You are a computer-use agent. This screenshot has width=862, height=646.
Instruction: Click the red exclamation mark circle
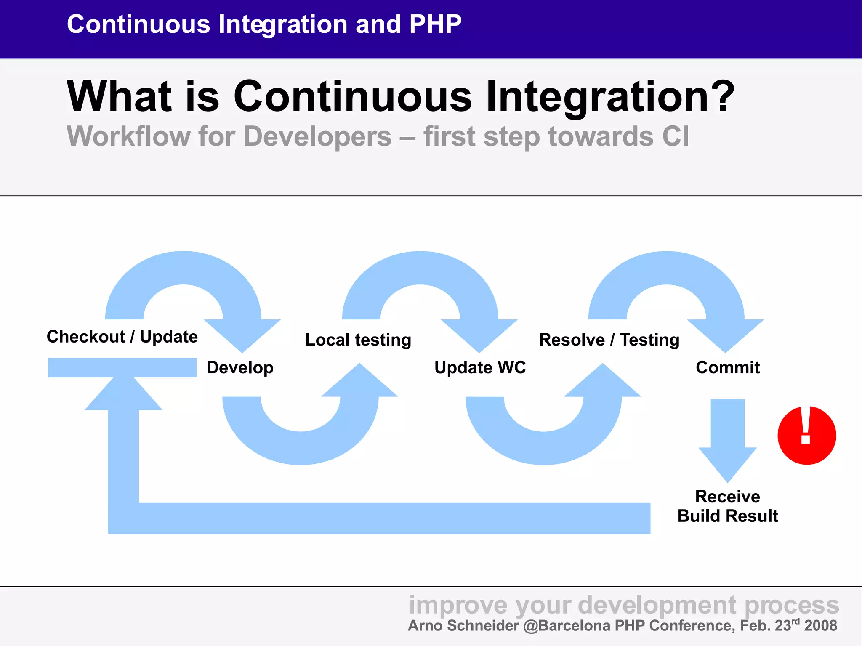pos(806,435)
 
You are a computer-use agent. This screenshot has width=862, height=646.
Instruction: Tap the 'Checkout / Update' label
pos(122,337)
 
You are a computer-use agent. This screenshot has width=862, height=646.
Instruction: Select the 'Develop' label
pos(240,367)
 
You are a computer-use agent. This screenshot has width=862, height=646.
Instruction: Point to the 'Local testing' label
pos(358,340)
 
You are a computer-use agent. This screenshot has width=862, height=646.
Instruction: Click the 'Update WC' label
pos(480,367)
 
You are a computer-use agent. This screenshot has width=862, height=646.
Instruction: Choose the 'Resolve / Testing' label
pos(609,340)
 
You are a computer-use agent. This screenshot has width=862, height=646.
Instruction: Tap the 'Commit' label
pos(728,367)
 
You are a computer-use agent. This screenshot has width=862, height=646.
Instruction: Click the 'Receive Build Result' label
pos(727,506)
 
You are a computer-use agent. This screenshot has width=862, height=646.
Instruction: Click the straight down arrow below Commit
pos(727,438)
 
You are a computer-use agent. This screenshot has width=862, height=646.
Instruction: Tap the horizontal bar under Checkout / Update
pos(122,367)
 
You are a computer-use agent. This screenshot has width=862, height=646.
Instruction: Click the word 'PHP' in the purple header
pos(435,24)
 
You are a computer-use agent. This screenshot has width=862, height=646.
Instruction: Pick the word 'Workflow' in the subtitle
pos(129,136)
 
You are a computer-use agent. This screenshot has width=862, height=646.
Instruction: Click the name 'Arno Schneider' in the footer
pos(463,625)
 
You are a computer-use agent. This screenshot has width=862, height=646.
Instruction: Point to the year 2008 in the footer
pos(820,625)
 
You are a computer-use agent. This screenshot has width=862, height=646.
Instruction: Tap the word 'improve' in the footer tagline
pos(458,605)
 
